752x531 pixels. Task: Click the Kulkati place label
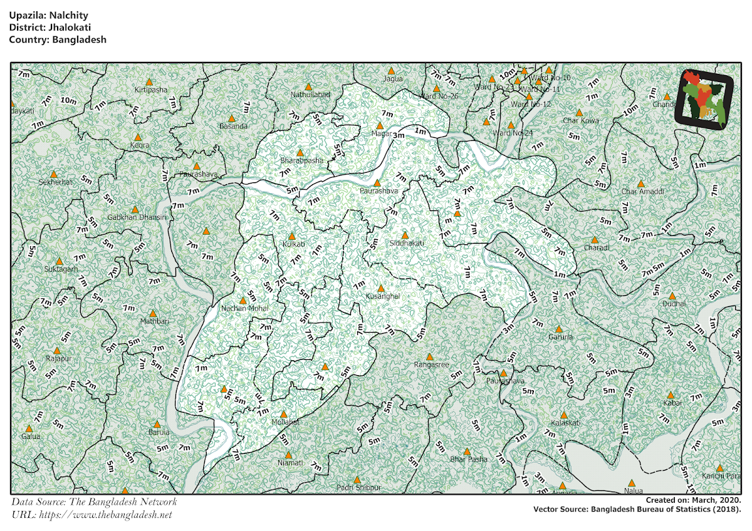293,244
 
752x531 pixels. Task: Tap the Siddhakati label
407,243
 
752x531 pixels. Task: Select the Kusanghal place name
382,296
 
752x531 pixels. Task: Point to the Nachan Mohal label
244,309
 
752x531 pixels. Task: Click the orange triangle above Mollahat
284,414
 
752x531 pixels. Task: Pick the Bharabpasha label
302,160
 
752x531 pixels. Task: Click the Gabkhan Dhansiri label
137,217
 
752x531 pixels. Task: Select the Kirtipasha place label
151,90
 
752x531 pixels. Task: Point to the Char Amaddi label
642,192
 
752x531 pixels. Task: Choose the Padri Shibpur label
358,487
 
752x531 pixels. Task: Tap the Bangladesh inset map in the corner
705,100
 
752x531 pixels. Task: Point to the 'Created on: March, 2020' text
694,500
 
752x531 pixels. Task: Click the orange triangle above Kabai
671,395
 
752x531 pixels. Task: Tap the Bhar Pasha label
469,460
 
